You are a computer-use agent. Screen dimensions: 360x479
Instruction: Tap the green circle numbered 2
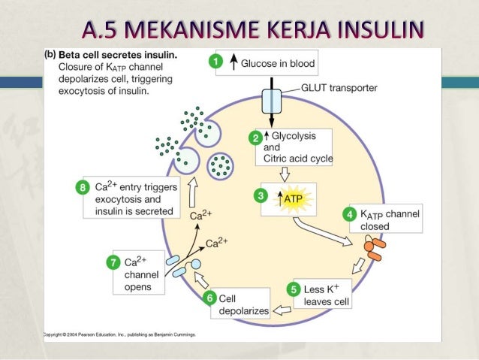tap(256, 137)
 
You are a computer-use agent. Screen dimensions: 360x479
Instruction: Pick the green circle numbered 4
tap(348, 213)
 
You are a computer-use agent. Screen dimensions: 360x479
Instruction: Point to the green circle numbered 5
tap(296, 288)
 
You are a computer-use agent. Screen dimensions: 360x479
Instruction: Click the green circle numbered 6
tap(212, 298)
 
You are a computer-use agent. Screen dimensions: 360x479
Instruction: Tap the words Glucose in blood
tap(278, 63)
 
